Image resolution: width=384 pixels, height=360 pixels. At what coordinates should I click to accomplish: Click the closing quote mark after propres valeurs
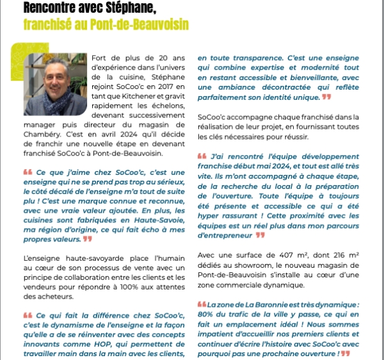(88, 239)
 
